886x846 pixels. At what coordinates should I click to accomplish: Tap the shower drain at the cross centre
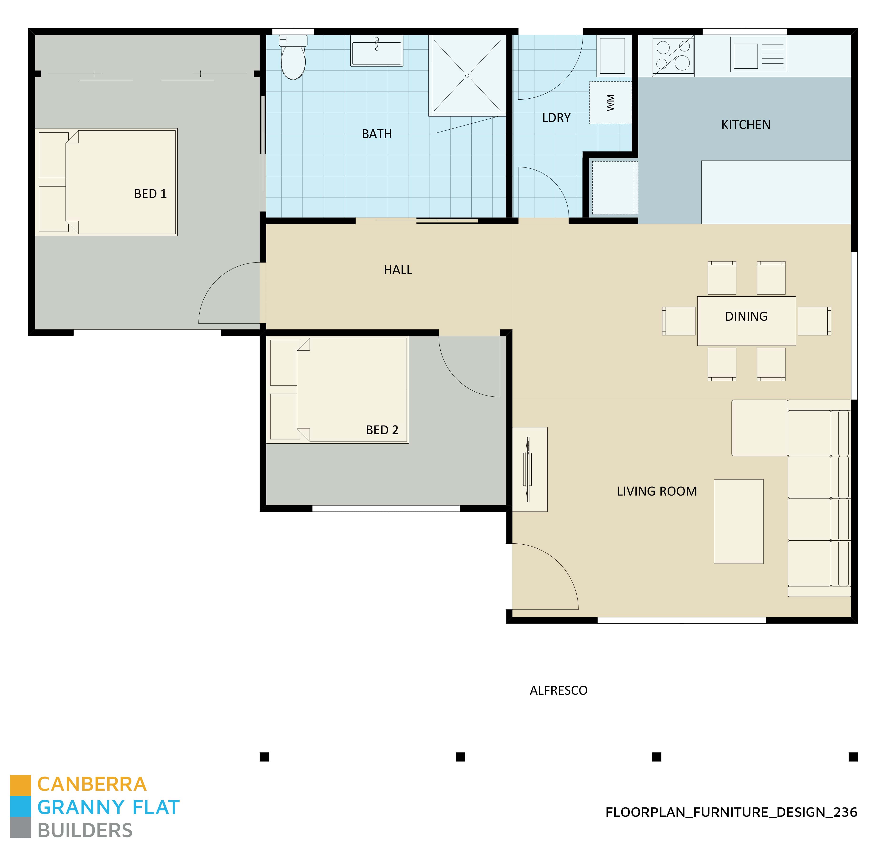click(x=467, y=75)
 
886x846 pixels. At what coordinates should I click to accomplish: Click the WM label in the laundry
click(x=610, y=103)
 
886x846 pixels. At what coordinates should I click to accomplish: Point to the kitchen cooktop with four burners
click(x=673, y=56)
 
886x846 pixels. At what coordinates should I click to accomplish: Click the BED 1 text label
click(x=150, y=194)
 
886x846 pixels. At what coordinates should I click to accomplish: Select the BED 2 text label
click(x=382, y=430)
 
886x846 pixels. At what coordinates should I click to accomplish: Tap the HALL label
click(x=398, y=270)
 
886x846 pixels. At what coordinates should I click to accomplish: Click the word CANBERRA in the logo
click(x=92, y=784)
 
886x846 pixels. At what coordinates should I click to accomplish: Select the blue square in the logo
click(x=20, y=806)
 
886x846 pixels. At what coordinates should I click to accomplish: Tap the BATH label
click(x=377, y=134)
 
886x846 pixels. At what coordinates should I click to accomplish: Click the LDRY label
click(x=556, y=118)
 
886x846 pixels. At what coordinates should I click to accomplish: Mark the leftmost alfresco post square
click(x=264, y=757)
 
